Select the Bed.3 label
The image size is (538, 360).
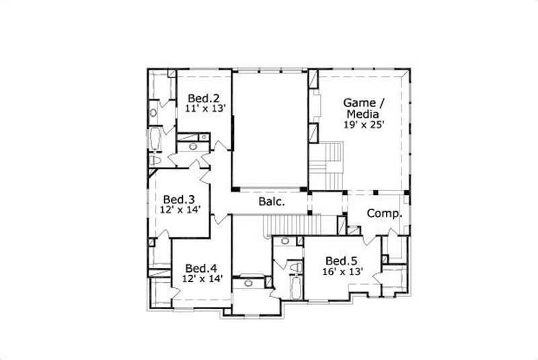point(180,199)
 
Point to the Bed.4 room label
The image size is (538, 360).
point(200,267)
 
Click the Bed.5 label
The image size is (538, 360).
point(341,261)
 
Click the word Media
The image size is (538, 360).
point(363,114)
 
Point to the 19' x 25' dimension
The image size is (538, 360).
point(364,124)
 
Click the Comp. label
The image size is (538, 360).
point(384,214)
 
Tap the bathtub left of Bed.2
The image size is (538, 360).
point(154,140)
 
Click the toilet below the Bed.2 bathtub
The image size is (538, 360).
point(155,161)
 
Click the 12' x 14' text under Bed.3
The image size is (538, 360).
point(180,210)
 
